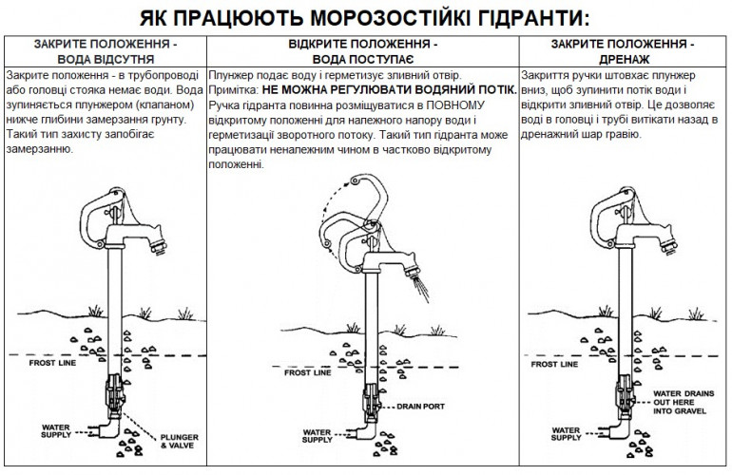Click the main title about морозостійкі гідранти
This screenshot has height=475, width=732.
pyautogui.click(x=365, y=19)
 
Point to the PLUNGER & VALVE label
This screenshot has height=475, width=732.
pyautogui.click(x=178, y=440)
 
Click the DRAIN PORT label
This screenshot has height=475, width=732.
pyautogui.click(x=420, y=408)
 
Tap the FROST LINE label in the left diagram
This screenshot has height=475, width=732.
pyautogui.click(x=52, y=364)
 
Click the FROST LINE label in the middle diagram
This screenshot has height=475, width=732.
pyautogui.click(x=308, y=374)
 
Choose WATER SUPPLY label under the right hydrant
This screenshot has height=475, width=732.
pyautogui.click(x=569, y=432)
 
